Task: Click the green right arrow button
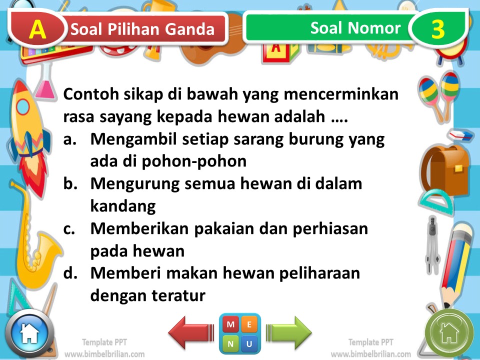(289, 332)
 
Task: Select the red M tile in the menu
(230, 324)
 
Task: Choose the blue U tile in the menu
(249, 343)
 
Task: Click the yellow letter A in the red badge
(37, 29)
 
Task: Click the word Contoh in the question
(90, 94)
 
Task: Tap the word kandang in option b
(123, 206)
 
